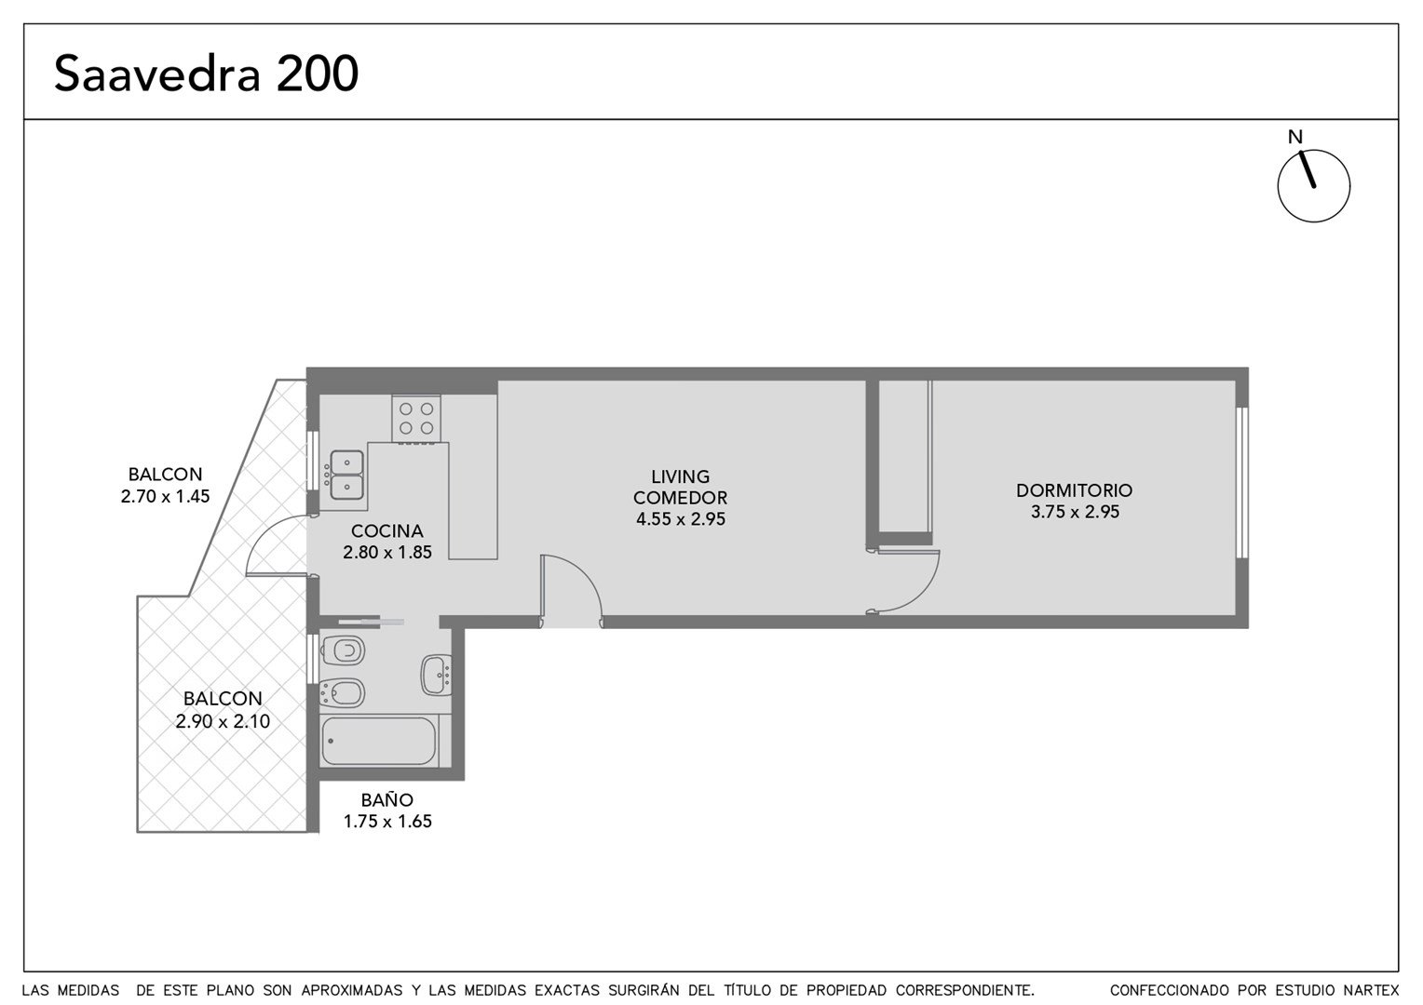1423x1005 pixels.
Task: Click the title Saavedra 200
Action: pyautogui.click(x=207, y=74)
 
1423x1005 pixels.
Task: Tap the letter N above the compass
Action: pyautogui.click(x=1294, y=137)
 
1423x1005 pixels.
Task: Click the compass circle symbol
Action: pyautogui.click(x=1313, y=185)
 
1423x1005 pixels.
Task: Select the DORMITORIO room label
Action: pyautogui.click(x=1075, y=490)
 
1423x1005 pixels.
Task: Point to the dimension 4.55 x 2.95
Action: pyautogui.click(x=681, y=518)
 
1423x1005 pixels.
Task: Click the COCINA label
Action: pyautogui.click(x=386, y=530)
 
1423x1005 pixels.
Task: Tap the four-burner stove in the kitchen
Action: pyautogui.click(x=416, y=419)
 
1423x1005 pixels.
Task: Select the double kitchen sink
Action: pyautogui.click(x=346, y=476)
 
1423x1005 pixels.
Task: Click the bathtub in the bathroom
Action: pyautogui.click(x=379, y=741)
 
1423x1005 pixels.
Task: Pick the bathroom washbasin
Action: pyautogui.click(x=437, y=675)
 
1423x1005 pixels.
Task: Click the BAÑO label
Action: pyautogui.click(x=386, y=800)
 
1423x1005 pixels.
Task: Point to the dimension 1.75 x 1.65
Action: pyautogui.click(x=387, y=822)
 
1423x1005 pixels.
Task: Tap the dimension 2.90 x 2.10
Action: pyautogui.click(x=223, y=721)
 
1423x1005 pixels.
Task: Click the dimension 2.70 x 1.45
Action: pyautogui.click(x=165, y=496)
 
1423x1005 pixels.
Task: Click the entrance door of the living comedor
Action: pyautogui.click(x=571, y=590)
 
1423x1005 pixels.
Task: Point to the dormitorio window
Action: pyautogui.click(x=1242, y=483)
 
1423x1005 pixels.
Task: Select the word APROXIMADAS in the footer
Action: pyautogui.click(x=351, y=990)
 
